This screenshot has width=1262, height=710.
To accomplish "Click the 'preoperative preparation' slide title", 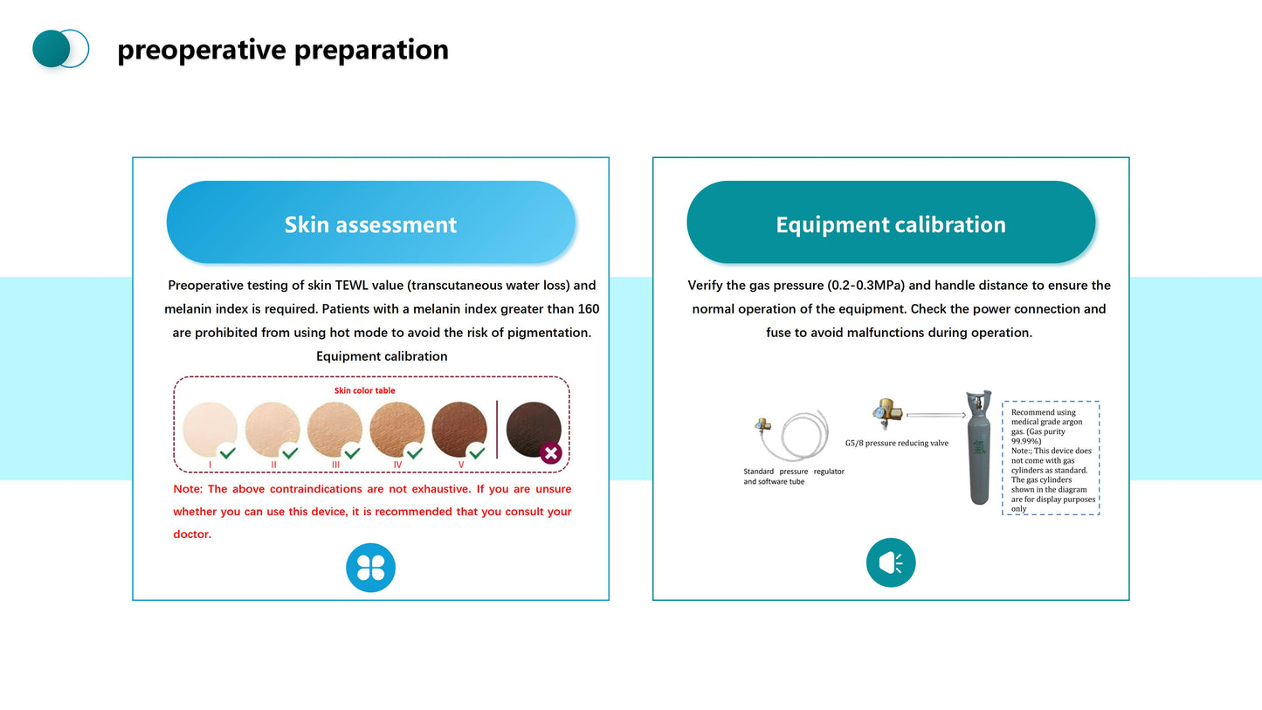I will point(282,50).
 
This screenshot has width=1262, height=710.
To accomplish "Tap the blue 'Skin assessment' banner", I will point(370,224).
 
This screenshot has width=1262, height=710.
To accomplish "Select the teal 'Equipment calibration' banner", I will point(890,224).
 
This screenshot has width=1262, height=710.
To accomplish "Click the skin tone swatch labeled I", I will point(210,429).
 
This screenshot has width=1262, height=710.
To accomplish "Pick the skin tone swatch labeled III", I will point(334,429).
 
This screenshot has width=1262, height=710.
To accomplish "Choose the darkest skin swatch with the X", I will point(533,428).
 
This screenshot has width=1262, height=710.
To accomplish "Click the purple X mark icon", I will point(551,453).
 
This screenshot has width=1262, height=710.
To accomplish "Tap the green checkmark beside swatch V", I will point(477,452).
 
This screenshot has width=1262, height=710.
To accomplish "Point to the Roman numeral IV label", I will point(397,465).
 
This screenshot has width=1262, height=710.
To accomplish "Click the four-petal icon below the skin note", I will point(370,568).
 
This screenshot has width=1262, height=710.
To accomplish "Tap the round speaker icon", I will point(890,562).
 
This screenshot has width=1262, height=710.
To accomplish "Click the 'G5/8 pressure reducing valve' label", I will point(896,443).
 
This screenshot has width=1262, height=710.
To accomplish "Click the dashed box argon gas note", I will point(1051,458).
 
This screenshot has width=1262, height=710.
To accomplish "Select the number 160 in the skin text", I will point(589,309).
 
